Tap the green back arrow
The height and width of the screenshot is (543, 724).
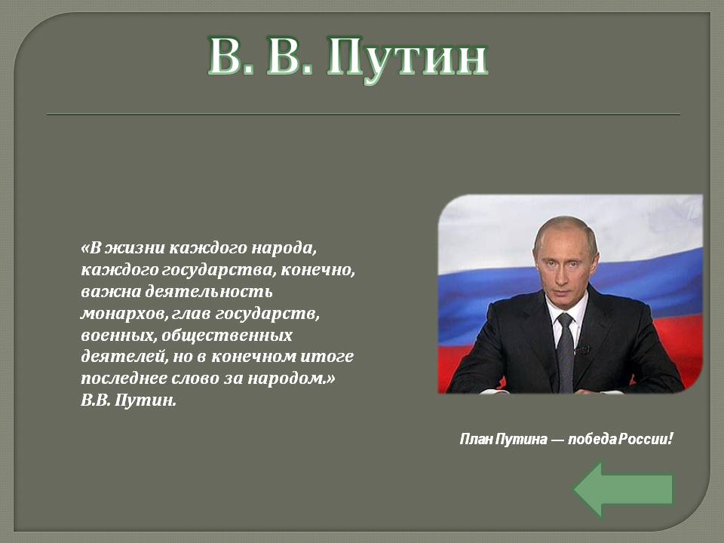[624, 489]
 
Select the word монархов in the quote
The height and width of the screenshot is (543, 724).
[123, 314]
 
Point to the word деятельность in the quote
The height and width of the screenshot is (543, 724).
[209, 291]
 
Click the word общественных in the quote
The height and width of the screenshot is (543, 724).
[227, 335]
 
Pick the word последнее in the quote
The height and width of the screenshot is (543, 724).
[124, 378]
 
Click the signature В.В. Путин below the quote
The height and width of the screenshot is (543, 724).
[128, 400]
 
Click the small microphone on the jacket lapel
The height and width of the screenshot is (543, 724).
[583, 349]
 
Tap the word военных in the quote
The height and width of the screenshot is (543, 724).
[118, 335]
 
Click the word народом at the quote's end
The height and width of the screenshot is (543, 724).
[291, 378]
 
